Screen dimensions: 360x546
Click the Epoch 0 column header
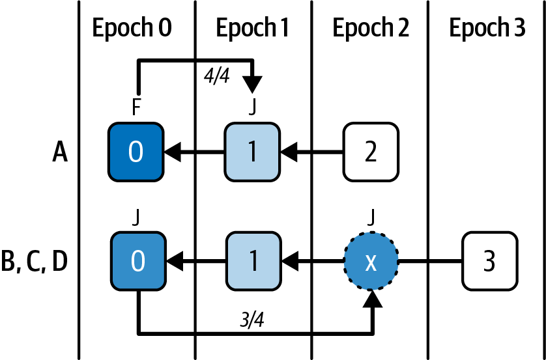136,29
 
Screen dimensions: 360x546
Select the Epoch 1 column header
253,29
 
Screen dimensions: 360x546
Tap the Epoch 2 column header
371,29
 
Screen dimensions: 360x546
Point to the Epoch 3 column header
487,29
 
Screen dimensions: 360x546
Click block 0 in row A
136,153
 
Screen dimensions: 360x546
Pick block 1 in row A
253,153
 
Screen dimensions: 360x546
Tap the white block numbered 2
371,153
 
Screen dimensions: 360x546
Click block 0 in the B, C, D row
136,262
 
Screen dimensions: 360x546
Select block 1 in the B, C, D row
253,262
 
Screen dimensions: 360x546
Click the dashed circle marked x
371,262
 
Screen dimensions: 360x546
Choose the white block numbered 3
490,262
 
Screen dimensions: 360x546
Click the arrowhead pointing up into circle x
373,299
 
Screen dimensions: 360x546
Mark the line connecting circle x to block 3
430,262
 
